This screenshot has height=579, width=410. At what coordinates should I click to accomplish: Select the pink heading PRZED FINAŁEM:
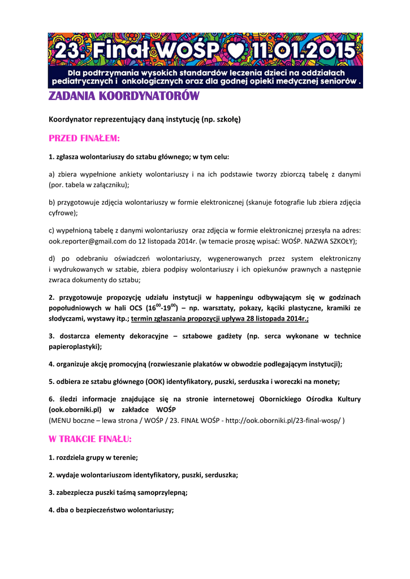[85, 138]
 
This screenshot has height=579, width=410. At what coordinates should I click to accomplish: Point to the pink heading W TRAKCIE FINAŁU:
[90, 439]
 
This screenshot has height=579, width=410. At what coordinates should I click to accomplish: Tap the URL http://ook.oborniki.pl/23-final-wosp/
[283, 421]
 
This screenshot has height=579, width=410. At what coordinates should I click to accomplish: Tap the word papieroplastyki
[73, 347]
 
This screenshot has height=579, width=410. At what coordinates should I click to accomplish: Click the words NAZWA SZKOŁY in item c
[328, 241]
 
